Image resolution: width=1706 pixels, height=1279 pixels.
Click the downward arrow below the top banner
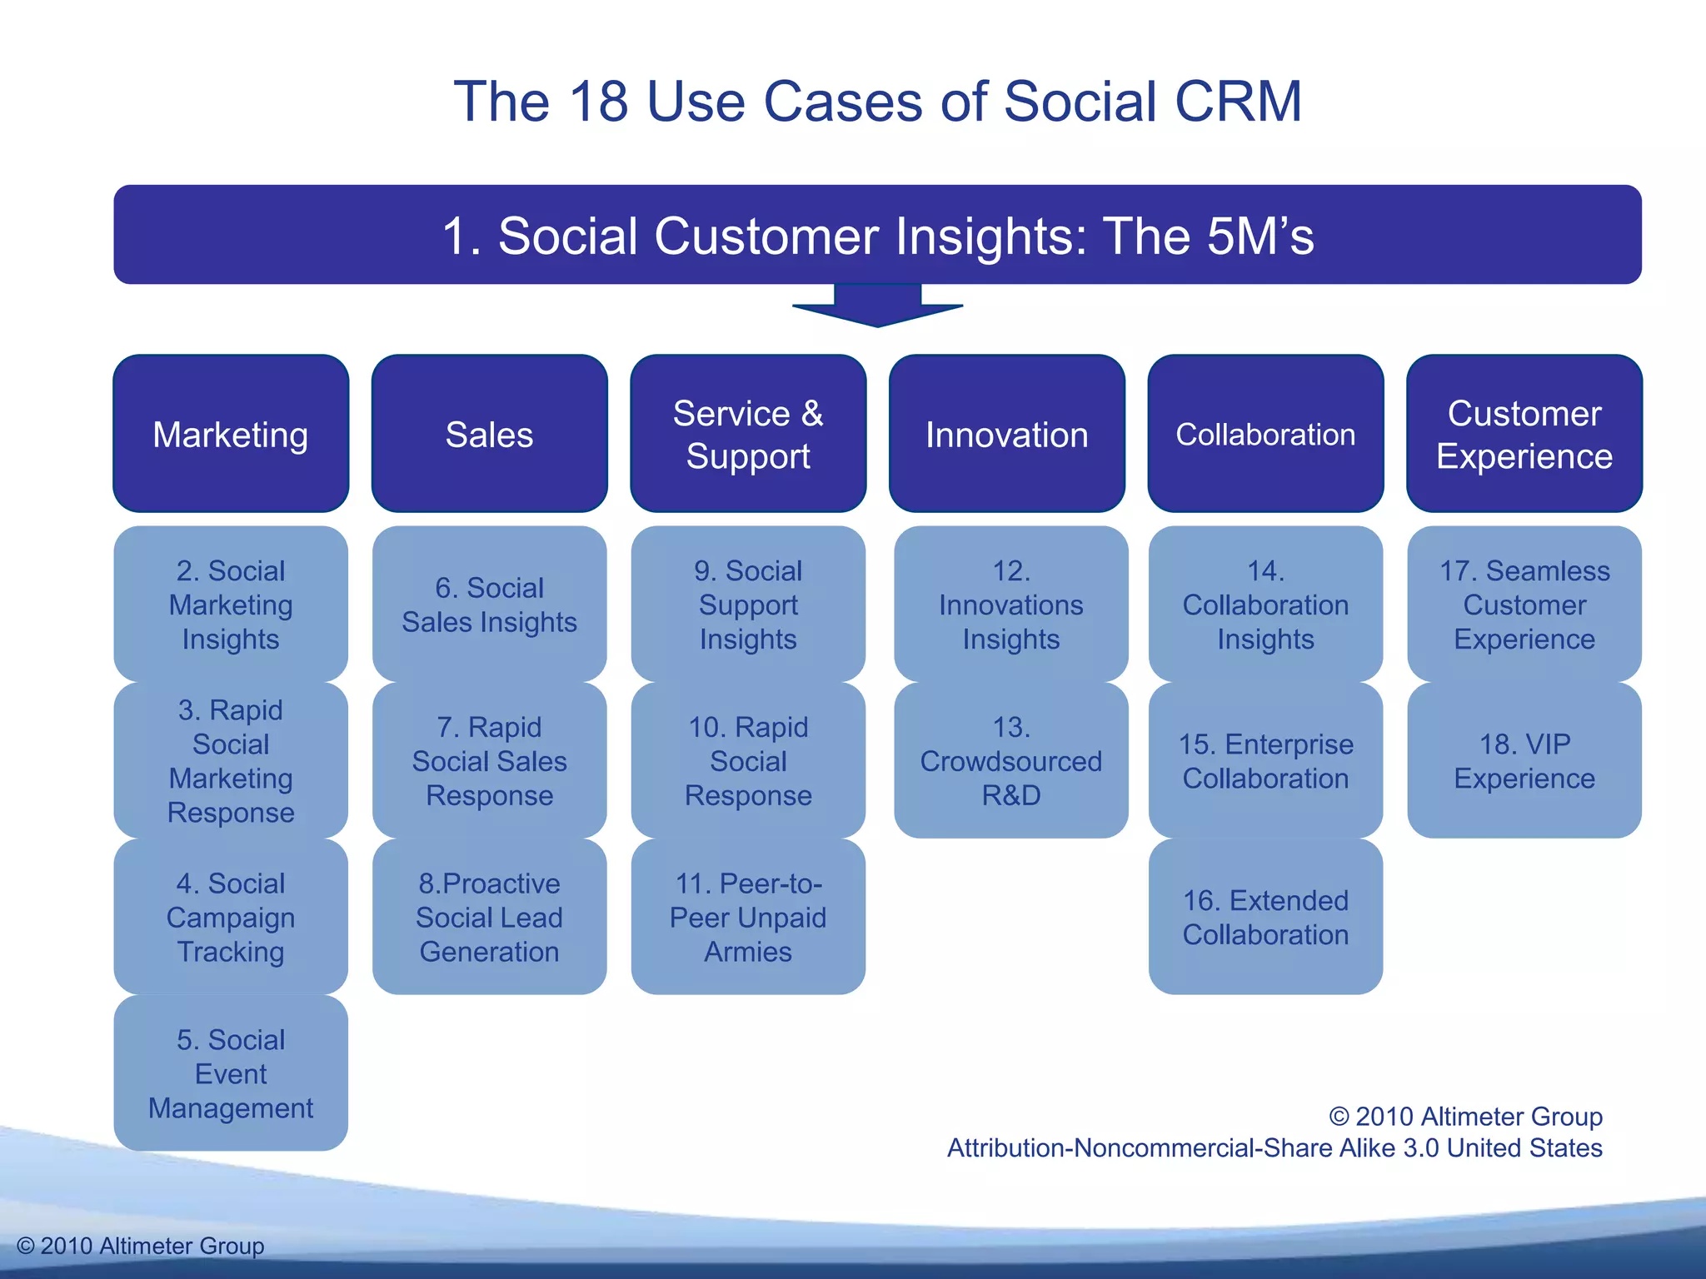[x=877, y=306]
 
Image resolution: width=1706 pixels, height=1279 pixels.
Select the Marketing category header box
[x=231, y=434]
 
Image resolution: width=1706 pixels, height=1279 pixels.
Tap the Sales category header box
[x=489, y=434]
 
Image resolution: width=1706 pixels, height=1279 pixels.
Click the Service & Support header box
[x=748, y=434]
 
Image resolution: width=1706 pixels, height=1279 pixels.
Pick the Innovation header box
[x=1006, y=434]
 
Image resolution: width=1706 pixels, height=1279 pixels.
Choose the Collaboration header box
[x=1265, y=434]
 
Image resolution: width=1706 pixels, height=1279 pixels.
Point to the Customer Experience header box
[x=1524, y=434]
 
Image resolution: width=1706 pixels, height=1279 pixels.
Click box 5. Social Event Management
[x=231, y=1073]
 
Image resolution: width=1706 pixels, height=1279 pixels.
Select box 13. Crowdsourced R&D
[x=1010, y=760]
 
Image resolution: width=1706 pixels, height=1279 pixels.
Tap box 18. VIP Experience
[x=1524, y=760]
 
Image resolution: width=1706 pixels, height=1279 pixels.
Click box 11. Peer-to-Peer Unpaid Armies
[x=748, y=917]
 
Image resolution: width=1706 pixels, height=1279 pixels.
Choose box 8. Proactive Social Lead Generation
[x=489, y=917]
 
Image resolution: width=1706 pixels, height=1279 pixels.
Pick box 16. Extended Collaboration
[x=1265, y=917]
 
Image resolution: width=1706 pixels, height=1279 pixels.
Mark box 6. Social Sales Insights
[x=489, y=605]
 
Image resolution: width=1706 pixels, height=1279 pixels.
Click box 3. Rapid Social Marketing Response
[x=231, y=760]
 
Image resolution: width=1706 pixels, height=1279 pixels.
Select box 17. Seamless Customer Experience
[x=1524, y=605]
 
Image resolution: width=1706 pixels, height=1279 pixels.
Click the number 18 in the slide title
[x=597, y=102]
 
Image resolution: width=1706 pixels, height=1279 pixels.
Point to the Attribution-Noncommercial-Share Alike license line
[x=1275, y=1148]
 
